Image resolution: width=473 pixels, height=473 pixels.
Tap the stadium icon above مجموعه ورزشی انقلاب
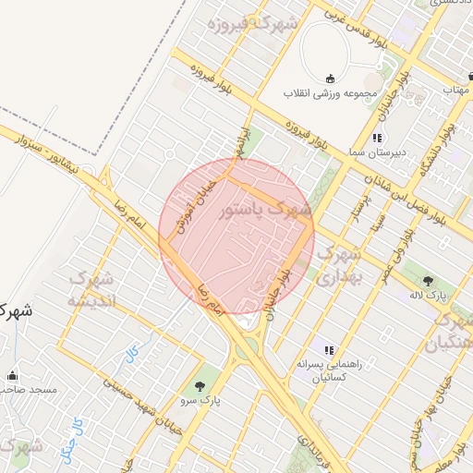coord(332,79)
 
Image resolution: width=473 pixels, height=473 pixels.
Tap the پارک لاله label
coord(428,296)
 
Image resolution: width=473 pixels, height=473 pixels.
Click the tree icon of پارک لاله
coord(428,280)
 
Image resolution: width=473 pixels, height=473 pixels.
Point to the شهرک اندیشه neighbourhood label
coord(91,289)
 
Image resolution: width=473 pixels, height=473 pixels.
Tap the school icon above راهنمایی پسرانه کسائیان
coord(327,349)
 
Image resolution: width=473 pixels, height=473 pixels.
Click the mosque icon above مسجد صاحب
coord(13,375)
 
